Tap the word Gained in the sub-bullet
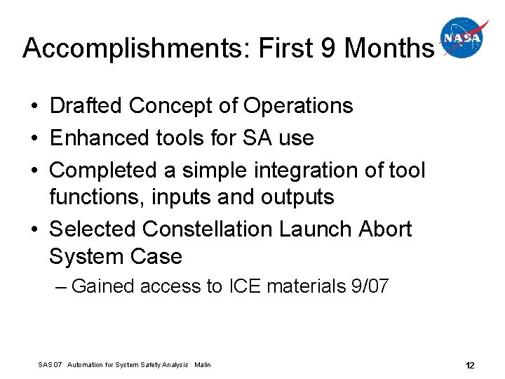tap(103, 286)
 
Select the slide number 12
tap(469, 365)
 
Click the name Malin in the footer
tap(203, 365)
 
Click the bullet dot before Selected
tap(34, 230)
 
